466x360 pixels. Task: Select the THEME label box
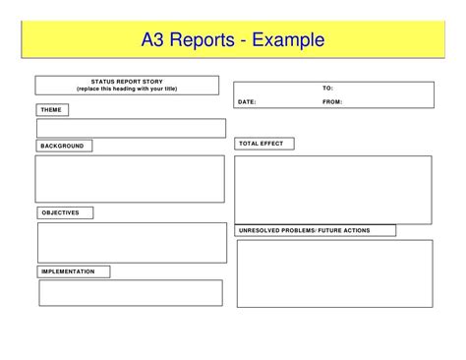pos(52,108)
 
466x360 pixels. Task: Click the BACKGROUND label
pos(64,146)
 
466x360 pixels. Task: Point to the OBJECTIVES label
pos(66,212)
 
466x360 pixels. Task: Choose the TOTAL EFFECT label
pos(263,144)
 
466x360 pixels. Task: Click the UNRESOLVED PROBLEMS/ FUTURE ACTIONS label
pos(316,230)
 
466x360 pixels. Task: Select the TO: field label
pos(328,89)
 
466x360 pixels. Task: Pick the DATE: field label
pos(246,100)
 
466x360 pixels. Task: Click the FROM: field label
pos(332,100)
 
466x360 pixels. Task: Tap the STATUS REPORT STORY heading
pos(129,82)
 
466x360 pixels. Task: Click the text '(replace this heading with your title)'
pos(129,89)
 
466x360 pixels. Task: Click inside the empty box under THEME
pos(131,128)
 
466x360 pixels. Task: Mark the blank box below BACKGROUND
pos(130,178)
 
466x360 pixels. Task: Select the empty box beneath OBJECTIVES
pos(132,242)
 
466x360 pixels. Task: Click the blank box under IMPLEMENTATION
pos(131,293)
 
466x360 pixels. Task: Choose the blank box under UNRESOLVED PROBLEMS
pos(334,273)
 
